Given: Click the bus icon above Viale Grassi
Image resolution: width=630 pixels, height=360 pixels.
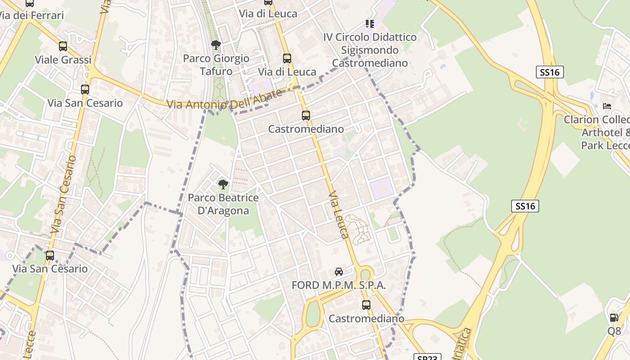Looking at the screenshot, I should (63, 46).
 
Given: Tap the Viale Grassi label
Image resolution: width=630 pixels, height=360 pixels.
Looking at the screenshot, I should (63, 60).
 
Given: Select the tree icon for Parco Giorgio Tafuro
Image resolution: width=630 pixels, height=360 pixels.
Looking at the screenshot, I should (216, 45).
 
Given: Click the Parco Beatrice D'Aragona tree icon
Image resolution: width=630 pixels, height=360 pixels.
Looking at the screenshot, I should (223, 184).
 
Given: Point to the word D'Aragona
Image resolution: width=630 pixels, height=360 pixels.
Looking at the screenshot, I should (223, 211).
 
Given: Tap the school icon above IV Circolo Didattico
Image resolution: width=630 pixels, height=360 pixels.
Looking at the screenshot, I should (370, 23).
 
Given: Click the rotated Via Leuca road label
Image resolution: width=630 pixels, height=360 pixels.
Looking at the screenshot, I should (339, 215).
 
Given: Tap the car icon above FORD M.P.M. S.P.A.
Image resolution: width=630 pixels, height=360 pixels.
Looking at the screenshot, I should (339, 272).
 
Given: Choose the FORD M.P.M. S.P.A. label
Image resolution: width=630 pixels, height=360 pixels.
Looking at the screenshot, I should (338, 285).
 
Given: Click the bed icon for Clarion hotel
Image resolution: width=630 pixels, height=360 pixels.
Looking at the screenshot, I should (607, 106).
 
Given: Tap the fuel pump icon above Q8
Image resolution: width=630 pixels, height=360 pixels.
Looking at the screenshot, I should (614, 318).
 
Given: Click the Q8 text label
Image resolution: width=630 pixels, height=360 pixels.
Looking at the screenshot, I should (614, 331).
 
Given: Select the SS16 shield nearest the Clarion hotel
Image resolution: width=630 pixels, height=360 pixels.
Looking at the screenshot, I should (550, 72).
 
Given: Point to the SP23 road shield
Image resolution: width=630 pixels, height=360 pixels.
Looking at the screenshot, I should (427, 358).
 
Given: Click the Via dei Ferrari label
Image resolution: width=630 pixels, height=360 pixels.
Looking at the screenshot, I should (31, 15).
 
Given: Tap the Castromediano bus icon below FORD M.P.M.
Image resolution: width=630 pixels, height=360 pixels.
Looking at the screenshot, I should (366, 305).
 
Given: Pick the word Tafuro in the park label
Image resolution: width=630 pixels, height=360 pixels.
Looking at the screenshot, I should (216, 71).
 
